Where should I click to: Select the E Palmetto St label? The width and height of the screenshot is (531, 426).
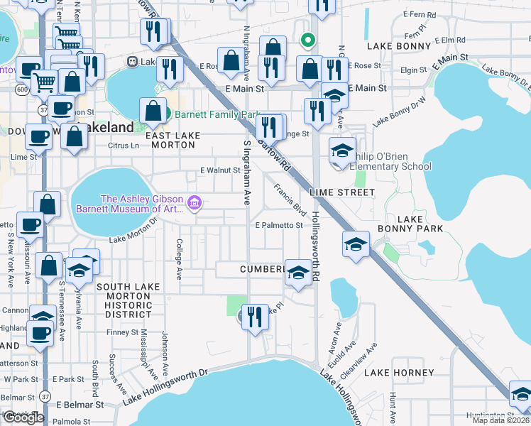pyautogui.click(x=279, y=226)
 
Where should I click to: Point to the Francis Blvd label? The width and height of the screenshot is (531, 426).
pyautogui.click(x=290, y=202)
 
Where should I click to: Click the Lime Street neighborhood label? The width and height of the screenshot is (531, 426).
pyautogui.click(x=341, y=192)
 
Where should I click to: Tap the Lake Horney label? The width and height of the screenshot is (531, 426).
pyautogui.click(x=398, y=373)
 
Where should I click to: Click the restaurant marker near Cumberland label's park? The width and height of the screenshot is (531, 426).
pyautogui.click(x=255, y=317)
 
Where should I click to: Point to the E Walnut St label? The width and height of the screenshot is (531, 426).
pyautogui.click(x=220, y=170)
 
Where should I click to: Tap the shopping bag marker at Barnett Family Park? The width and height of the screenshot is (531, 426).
pyautogui.click(x=153, y=110)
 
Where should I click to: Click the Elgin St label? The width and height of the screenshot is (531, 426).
pyautogui.click(x=414, y=71)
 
